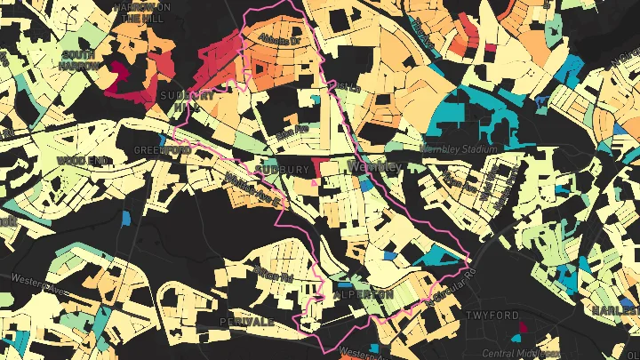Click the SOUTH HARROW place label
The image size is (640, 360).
(x=77, y=60)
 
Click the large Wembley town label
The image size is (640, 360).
(x=377, y=166)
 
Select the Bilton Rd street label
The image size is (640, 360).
(x=274, y=275)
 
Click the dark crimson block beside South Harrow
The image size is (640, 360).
(x=118, y=73)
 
